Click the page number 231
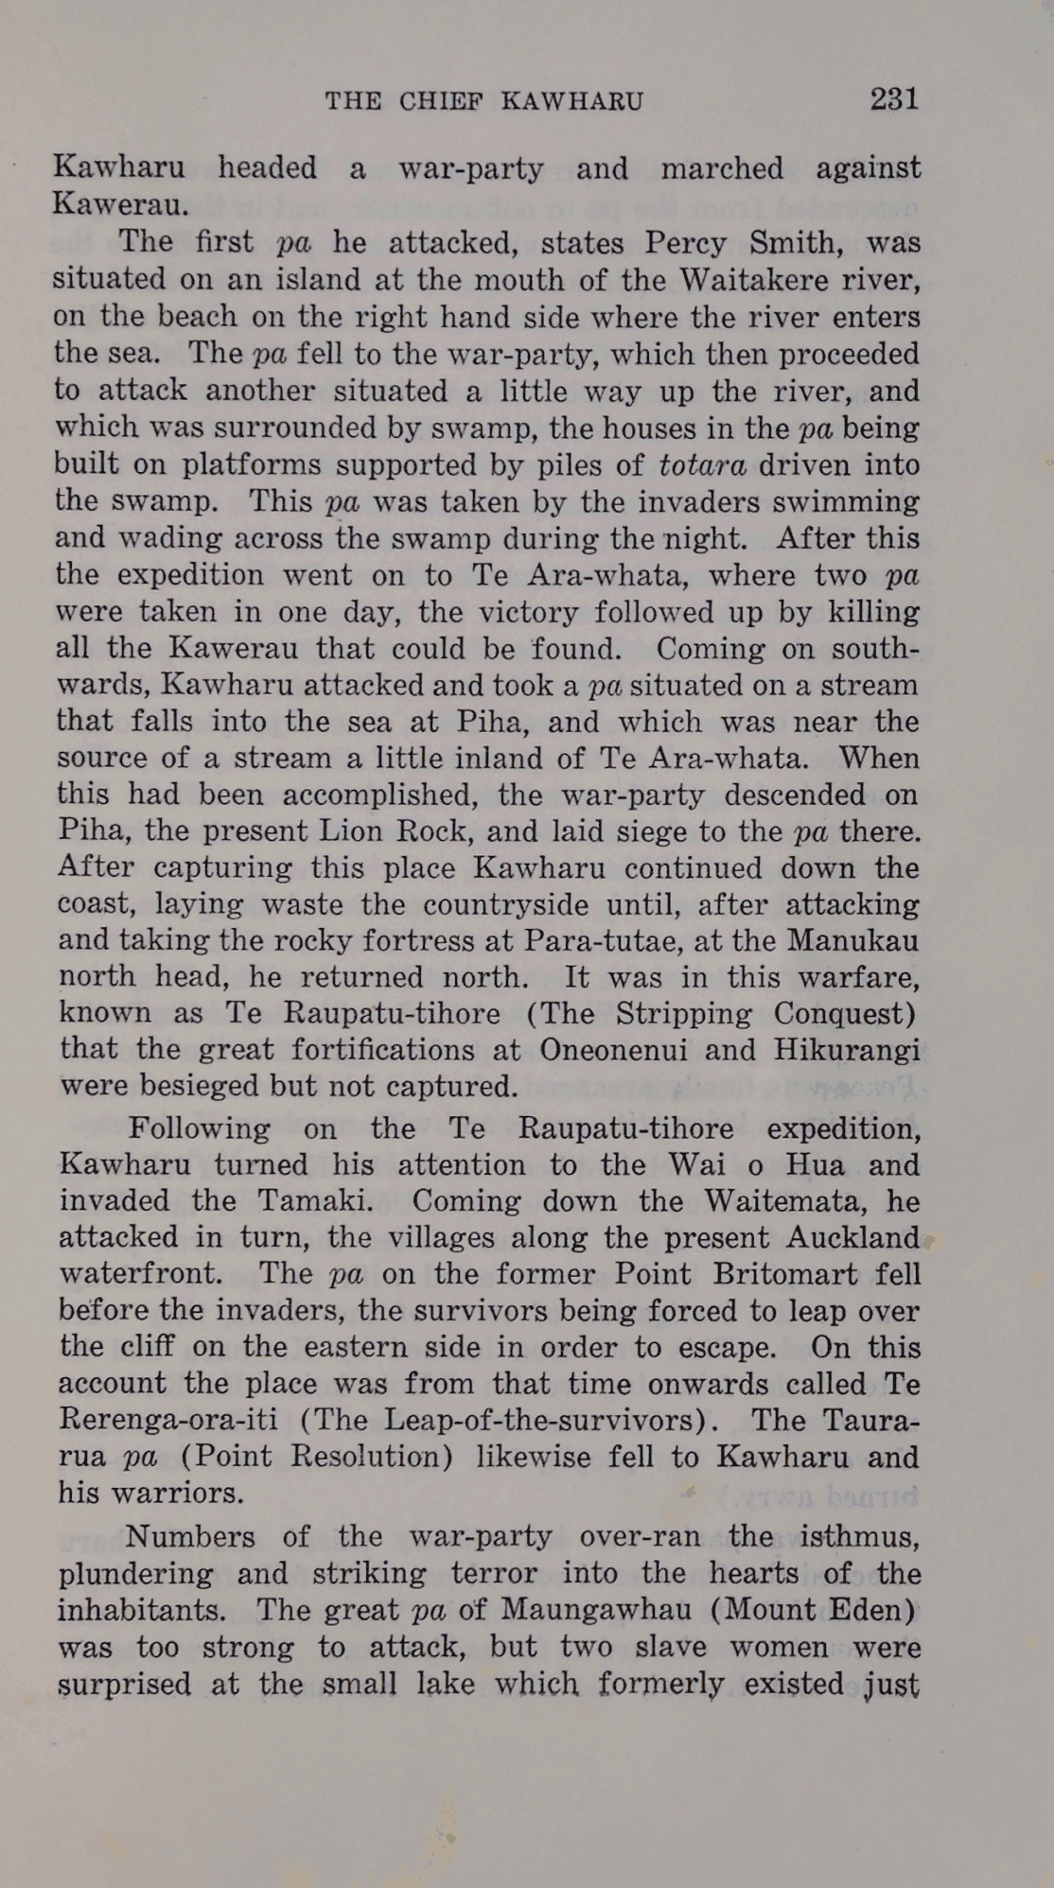coord(893,99)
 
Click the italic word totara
coord(703,465)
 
